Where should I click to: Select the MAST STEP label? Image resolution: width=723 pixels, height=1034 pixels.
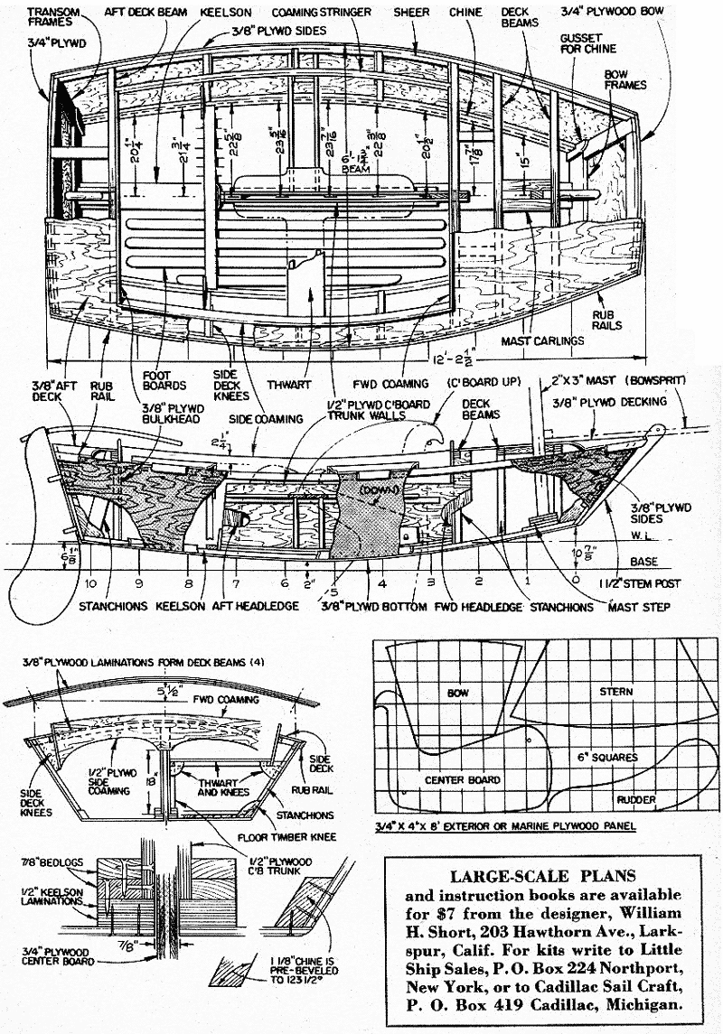click(x=641, y=607)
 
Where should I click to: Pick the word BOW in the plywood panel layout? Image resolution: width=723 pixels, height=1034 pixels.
click(x=459, y=694)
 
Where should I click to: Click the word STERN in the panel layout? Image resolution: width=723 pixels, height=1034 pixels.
click(x=615, y=692)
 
